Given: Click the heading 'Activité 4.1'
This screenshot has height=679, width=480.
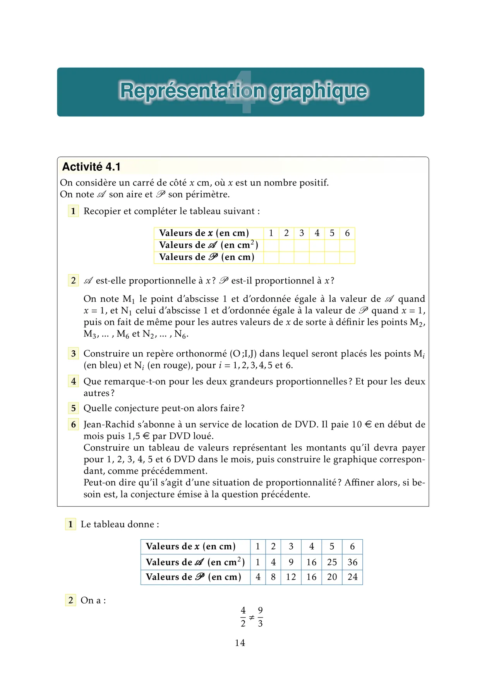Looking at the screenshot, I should (x=91, y=167).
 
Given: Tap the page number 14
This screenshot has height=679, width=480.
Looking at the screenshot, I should (x=240, y=643).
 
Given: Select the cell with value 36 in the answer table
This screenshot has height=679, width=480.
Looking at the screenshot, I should (x=352, y=562).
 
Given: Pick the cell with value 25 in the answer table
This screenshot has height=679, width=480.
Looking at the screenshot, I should (x=332, y=562).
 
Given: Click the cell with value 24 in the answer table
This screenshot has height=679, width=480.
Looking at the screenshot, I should (x=352, y=577).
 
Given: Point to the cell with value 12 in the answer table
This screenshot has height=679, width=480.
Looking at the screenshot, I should (x=291, y=577).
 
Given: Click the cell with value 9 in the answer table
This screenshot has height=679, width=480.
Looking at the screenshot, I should (x=291, y=562).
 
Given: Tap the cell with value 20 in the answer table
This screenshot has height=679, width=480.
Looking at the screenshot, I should (x=332, y=577).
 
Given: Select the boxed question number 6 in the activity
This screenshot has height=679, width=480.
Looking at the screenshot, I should (x=73, y=424).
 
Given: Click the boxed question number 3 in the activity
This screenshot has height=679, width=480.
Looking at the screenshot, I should (x=73, y=353).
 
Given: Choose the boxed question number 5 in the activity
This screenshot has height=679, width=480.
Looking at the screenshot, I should (x=73, y=408).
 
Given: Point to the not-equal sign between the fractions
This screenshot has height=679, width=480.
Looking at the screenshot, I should (x=252, y=617).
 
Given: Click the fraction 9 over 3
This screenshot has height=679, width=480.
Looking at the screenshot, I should (x=260, y=617).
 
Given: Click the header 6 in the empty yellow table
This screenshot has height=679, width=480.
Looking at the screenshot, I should (x=347, y=233).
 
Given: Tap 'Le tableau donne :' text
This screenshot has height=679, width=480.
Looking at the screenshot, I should (x=120, y=524).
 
